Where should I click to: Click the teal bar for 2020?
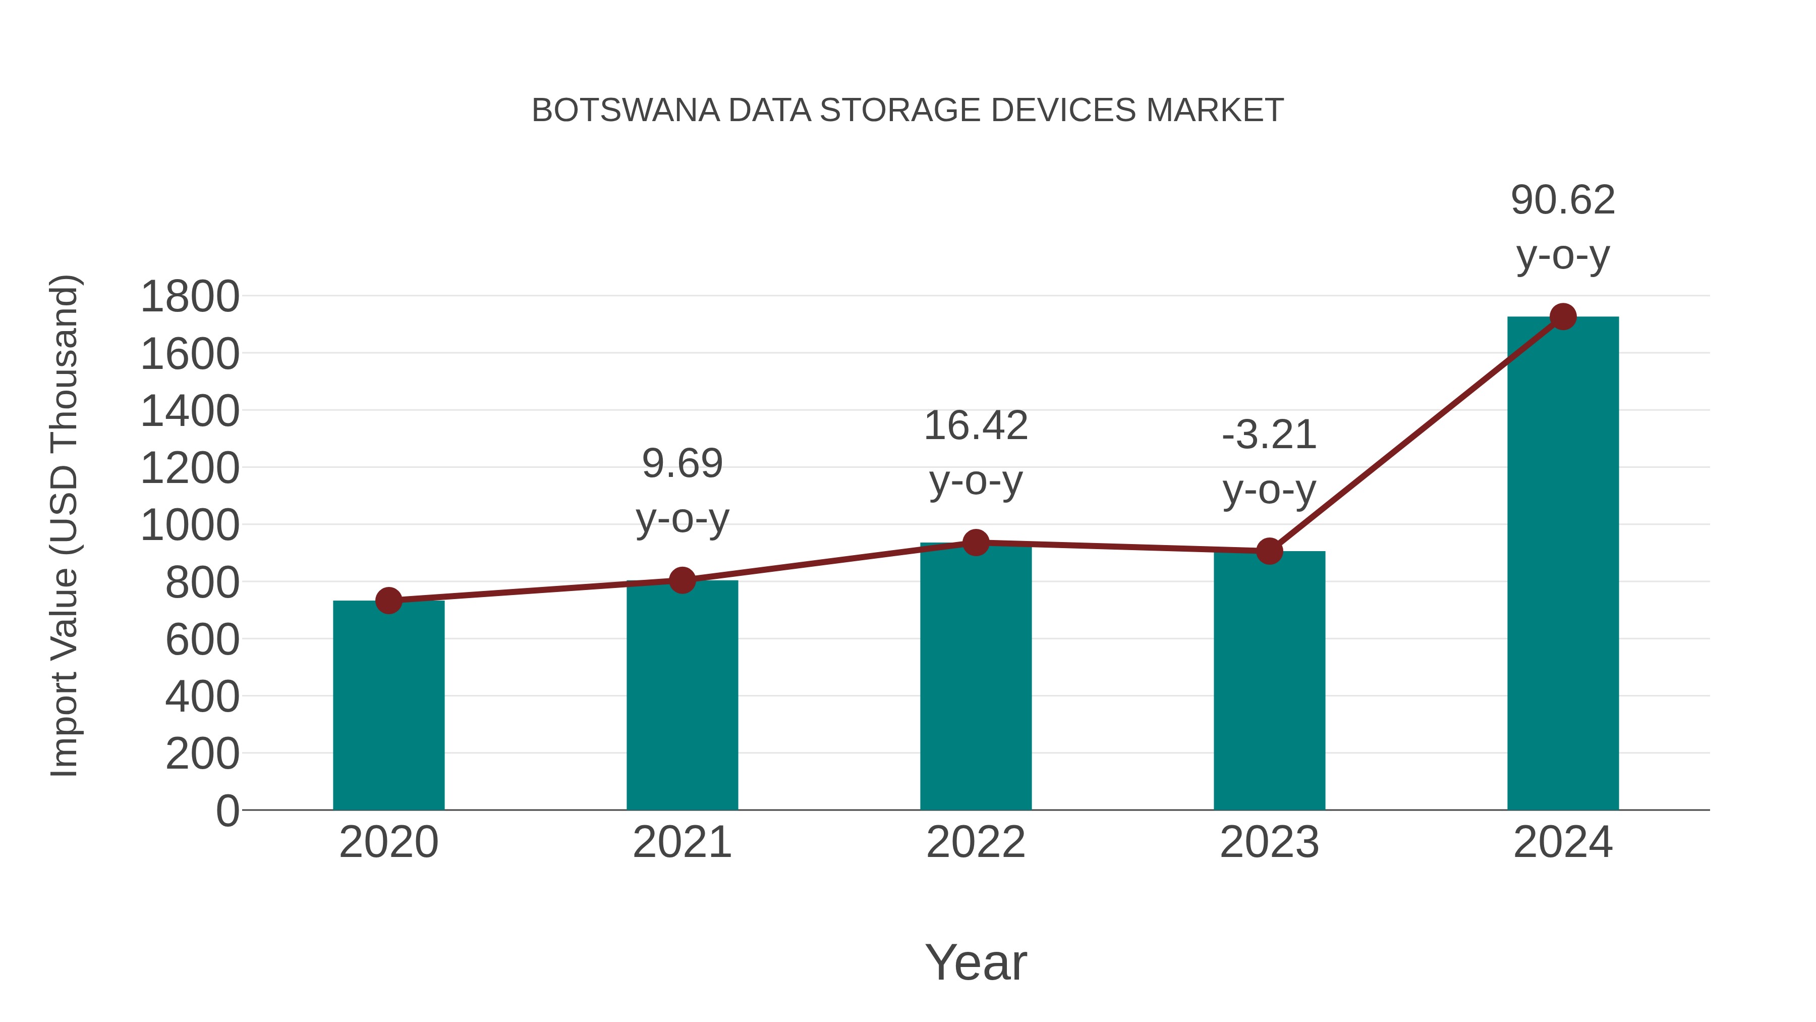pyautogui.click(x=388, y=706)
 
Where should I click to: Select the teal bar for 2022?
pyautogui.click(x=976, y=677)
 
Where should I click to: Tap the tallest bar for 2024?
pyautogui.click(x=1563, y=564)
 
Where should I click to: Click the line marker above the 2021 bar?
pyautogui.click(x=682, y=580)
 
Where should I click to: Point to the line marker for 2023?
pyautogui.click(x=1269, y=551)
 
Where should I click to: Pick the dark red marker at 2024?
pyautogui.click(x=1563, y=316)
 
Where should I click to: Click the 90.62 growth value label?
pyautogui.click(x=1563, y=200)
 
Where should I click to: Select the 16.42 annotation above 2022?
pyautogui.click(x=976, y=426)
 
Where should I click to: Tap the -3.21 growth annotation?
pyautogui.click(x=1269, y=435)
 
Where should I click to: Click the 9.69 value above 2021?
pyautogui.click(x=682, y=464)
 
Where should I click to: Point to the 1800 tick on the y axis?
pyautogui.click(x=190, y=297)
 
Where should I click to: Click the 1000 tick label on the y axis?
pyautogui.click(x=190, y=525)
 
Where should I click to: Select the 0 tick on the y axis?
pyautogui.click(x=227, y=811)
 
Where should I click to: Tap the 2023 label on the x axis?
pyautogui.click(x=1269, y=842)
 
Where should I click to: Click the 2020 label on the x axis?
pyautogui.click(x=388, y=842)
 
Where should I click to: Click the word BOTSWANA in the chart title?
pyautogui.click(x=626, y=111)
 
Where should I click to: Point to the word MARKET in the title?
pyautogui.click(x=1215, y=111)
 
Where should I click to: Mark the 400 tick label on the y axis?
pyautogui.click(x=202, y=697)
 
